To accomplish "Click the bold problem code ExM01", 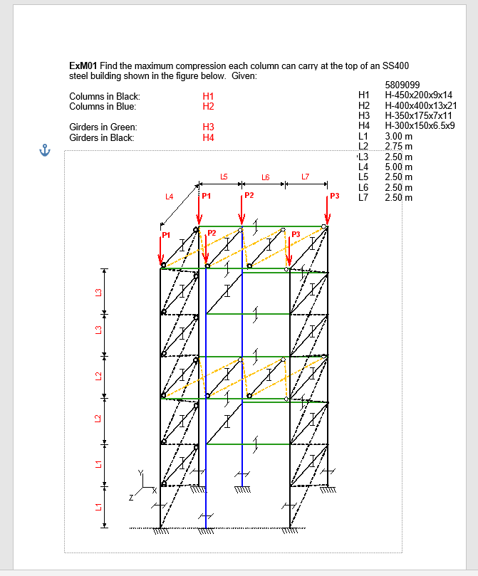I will pyautogui.click(x=83, y=66).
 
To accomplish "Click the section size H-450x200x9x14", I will pyautogui.click(x=418, y=95).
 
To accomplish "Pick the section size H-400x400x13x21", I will pyautogui.click(x=420, y=105).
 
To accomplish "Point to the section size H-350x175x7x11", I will pyautogui.click(x=418, y=115).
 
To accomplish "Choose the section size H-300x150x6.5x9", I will pyautogui.click(x=420, y=125).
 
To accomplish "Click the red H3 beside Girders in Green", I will pyautogui.click(x=208, y=127).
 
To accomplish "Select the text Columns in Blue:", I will pyautogui.click(x=103, y=106).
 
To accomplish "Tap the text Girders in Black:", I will pyautogui.click(x=102, y=137).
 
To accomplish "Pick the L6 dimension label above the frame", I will pyautogui.click(x=265, y=177).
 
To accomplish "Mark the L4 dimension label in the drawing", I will pyautogui.click(x=169, y=196).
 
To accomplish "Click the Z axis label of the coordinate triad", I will pyautogui.click(x=130, y=498).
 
